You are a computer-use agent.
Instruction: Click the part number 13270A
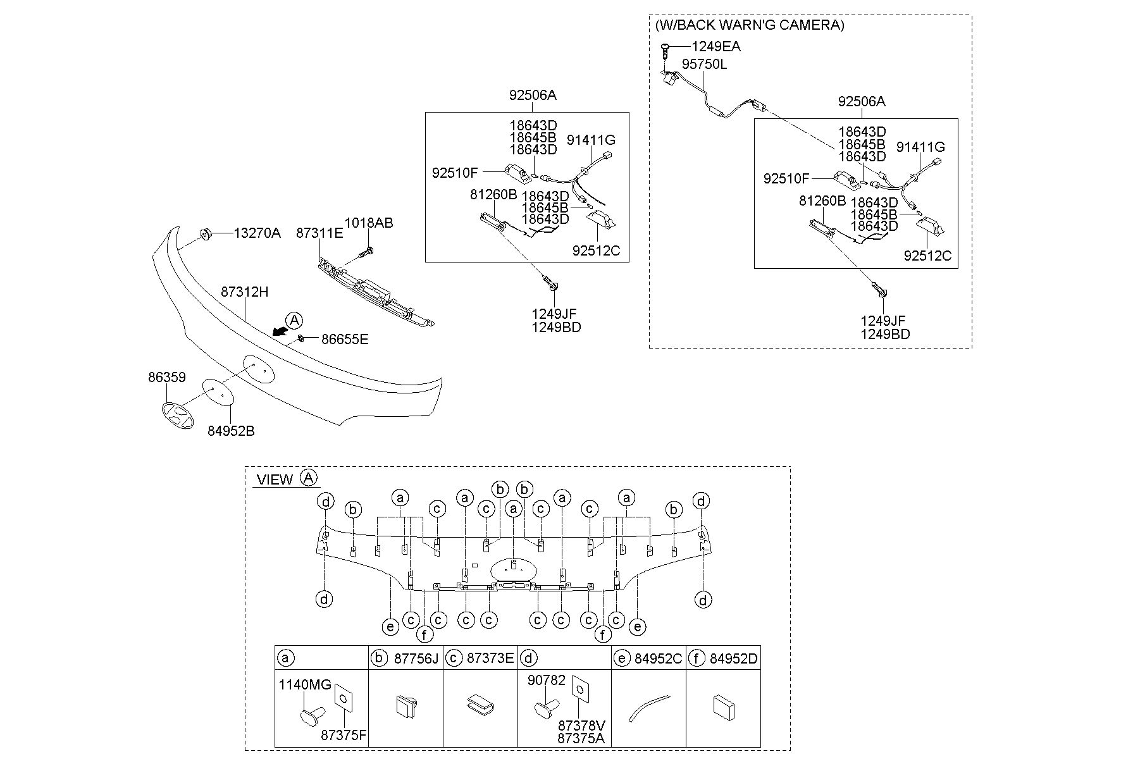257,233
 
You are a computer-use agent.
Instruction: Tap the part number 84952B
231,431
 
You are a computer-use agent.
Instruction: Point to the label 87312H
245,292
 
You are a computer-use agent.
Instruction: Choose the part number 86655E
345,340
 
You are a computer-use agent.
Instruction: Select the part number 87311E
320,233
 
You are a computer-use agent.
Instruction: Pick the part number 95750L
704,65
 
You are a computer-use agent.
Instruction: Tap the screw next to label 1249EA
666,50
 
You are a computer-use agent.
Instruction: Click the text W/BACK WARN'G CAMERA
750,25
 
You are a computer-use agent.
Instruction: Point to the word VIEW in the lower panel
275,479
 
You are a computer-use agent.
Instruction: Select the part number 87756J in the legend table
416,658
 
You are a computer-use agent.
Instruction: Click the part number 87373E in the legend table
490,658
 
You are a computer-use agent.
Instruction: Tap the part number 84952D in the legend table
733,658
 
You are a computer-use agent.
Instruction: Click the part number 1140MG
305,684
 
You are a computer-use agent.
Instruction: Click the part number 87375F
344,736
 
